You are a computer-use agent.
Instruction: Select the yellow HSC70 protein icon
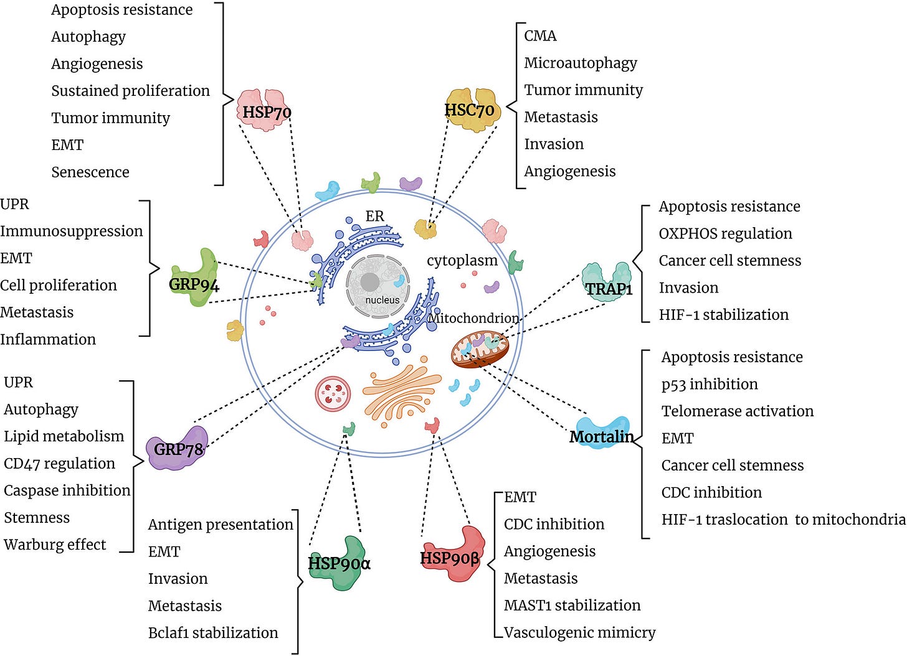[472, 109]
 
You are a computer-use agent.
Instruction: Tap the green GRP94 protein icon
[196, 279]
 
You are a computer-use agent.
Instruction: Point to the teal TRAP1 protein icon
[607, 283]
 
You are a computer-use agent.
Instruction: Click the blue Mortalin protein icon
[599, 433]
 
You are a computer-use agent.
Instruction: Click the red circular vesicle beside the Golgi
[333, 394]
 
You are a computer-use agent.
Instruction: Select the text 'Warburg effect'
[55, 545]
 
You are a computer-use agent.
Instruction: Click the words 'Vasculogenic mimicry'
[579, 632]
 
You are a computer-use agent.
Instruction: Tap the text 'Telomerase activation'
[738, 411]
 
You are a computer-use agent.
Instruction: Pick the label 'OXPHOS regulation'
[726, 233]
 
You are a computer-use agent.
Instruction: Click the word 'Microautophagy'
[581, 63]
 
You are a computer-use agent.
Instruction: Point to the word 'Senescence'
[90, 172]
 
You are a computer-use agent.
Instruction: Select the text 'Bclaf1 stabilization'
[213, 632]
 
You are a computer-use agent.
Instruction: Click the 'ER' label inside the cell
[374, 216]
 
